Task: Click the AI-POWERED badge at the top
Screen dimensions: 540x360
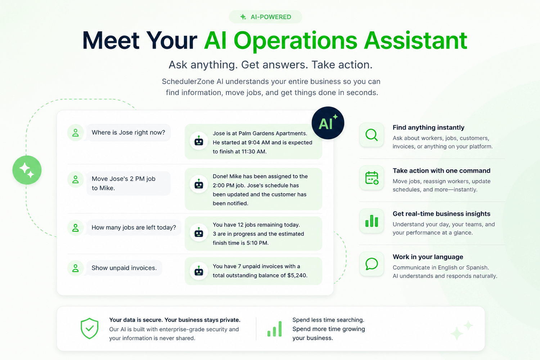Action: [x=265, y=17]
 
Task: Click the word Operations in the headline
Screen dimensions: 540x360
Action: [x=295, y=41]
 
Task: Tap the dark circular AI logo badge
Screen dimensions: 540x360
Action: [x=328, y=123]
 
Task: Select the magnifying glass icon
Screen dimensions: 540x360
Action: [x=372, y=135]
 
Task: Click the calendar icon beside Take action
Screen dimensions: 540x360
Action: [x=372, y=178]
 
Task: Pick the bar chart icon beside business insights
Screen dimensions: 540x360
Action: [x=372, y=221]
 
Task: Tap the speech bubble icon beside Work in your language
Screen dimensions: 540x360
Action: [x=372, y=264]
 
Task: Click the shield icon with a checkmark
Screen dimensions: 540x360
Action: [x=89, y=328]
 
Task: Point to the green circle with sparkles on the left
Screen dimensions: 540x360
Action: [x=27, y=170]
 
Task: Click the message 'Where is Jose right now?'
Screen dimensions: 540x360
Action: [x=128, y=132]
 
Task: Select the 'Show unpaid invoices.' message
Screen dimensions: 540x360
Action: [x=124, y=268]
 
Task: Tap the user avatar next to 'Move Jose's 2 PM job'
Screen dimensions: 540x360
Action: [x=76, y=180]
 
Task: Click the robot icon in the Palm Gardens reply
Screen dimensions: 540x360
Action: [x=199, y=141]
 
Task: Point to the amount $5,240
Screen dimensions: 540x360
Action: [x=297, y=275]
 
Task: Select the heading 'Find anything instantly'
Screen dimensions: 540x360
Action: [x=428, y=127]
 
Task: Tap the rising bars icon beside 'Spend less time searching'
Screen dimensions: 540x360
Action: [x=275, y=329]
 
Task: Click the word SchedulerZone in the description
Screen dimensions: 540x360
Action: [x=188, y=81]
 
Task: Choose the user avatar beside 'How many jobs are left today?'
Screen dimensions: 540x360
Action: [x=76, y=228]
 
